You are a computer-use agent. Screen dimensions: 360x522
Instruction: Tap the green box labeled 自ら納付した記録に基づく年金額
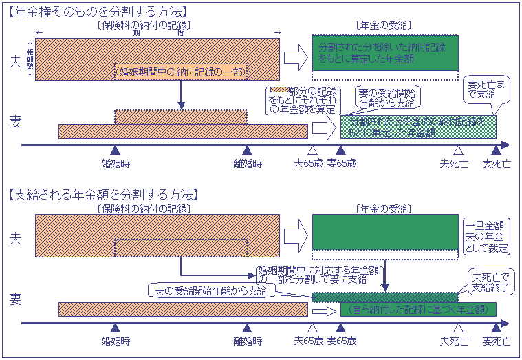418,309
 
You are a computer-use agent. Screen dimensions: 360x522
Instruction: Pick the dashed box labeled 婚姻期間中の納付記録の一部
180,72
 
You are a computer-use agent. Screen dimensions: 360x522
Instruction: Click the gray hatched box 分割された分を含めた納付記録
418,125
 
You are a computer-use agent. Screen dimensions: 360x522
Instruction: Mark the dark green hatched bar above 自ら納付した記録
384,297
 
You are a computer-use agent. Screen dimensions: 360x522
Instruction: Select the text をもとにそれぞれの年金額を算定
303,104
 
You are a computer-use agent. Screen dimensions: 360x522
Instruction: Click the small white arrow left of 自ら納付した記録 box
321,310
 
